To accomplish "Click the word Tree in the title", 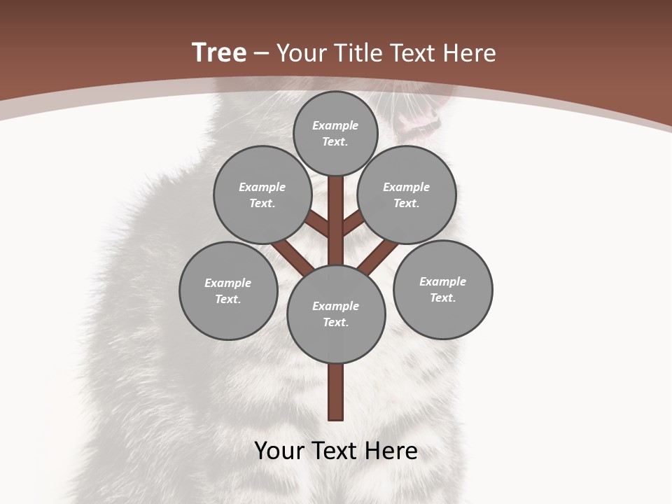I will [x=219, y=52].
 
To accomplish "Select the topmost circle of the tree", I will [x=335, y=133].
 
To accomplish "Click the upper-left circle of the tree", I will [x=262, y=195].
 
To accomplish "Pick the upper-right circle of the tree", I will [x=407, y=195].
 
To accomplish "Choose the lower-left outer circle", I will [x=228, y=290].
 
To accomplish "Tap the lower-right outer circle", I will [x=442, y=289].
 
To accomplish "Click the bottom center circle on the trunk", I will [x=336, y=314].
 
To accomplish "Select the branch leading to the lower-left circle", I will [x=290, y=256].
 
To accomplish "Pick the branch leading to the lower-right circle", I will [x=378, y=256].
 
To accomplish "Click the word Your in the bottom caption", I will [x=279, y=451].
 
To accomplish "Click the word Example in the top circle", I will [x=335, y=126].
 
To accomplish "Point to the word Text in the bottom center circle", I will [x=335, y=323].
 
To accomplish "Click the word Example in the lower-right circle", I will [x=442, y=281].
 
